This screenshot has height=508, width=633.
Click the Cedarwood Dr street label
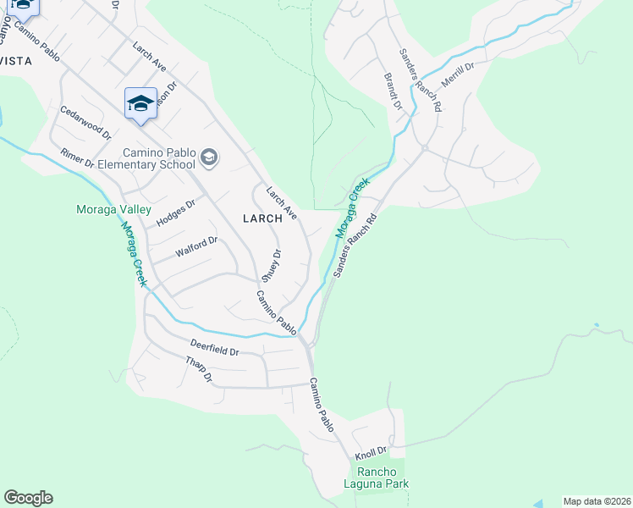click(x=85, y=123)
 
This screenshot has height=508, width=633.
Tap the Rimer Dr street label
click(x=78, y=160)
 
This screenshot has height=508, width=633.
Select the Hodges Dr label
click(x=176, y=213)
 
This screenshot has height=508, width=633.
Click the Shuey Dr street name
click(x=270, y=265)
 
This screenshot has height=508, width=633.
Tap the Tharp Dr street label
click(x=200, y=369)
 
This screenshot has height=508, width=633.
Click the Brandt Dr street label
click(x=394, y=91)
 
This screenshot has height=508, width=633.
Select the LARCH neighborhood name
click(x=261, y=218)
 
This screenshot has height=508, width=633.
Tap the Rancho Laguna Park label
click(x=383, y=478)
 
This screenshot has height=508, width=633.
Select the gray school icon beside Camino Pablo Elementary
click(x=209, y=157)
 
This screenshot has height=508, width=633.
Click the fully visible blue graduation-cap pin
click(x=140, y=104)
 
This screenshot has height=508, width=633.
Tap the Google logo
click(x=28, y=498)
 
